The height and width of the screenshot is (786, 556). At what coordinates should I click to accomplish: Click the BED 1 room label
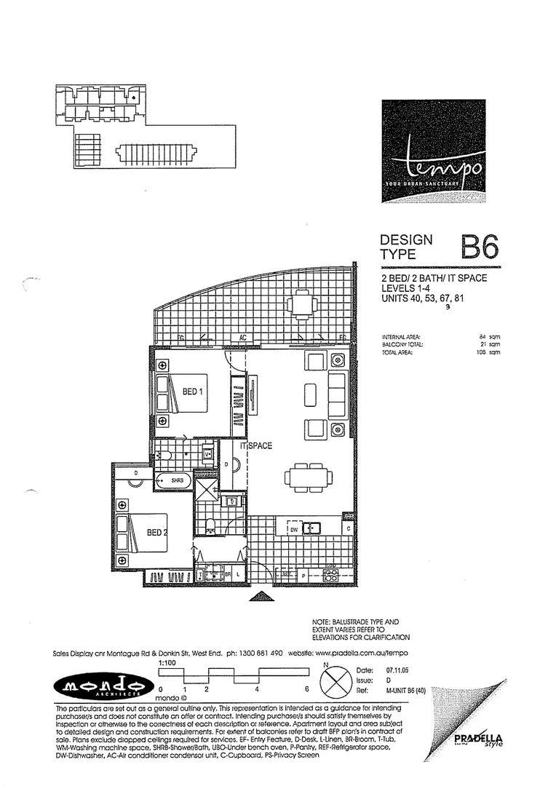click(x=193, y=391)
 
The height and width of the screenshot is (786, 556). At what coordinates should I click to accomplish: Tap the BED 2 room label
click(x=157, y=532)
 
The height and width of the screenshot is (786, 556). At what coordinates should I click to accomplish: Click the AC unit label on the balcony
click(x=245, y=338)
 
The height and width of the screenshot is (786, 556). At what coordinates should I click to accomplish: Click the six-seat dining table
click(x=309, y=477)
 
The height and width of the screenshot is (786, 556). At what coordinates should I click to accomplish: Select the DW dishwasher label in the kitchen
click(x=294, y=530)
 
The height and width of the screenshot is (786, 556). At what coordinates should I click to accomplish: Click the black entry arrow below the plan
click(x=260, y=597)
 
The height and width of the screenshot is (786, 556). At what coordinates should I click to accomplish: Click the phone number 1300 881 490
click(x=268, y=653)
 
